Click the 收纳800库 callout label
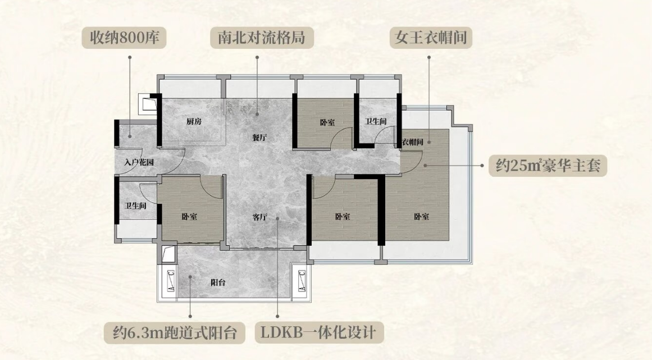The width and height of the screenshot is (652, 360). tap(124, 38)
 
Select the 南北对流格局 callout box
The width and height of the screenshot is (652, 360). tap(262, 38)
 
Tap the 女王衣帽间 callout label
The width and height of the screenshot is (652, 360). tap(431, 38)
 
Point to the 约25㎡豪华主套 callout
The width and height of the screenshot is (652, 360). tap(548, 166)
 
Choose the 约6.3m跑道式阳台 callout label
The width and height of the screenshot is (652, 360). tap(175, 332)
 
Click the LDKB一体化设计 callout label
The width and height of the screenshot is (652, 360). tap(319, 332)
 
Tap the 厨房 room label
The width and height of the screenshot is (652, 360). tap(194, 121)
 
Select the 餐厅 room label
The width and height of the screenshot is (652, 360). tap(259, 138)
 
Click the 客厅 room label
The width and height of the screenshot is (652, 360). tap(260, 217)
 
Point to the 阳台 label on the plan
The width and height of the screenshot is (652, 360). tap(218, 282)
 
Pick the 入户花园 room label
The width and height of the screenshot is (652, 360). tap(139, 162)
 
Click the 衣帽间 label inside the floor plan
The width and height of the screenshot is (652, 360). tap(413, 142)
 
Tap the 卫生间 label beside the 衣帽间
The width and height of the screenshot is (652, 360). tap(376, 121)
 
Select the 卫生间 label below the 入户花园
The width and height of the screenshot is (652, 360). tap(135, 206)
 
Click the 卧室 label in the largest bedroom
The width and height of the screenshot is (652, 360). tap(421, 217)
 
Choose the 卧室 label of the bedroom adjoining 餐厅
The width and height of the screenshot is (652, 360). tap(327, 122)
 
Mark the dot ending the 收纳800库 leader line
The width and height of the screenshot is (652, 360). tap(130, 135)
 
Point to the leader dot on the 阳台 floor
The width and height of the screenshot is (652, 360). tap(190, 276)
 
